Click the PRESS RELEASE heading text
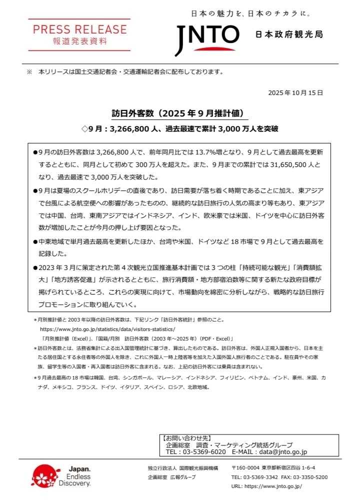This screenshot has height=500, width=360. tap(79, 29)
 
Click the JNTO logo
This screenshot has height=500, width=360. tap(207, 38)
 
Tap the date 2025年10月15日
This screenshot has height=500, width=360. tap(295, 92)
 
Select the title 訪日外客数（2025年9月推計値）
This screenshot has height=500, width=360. tap(179, 113)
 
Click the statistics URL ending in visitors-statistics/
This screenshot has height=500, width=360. tap(107, 329)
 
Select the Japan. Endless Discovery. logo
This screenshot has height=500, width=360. tap(61, 476)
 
